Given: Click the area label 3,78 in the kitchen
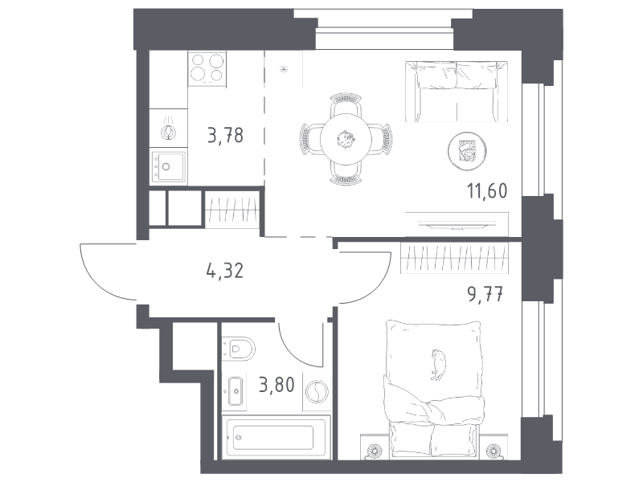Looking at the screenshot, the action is (226, 135).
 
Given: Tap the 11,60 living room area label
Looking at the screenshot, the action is (487, 191).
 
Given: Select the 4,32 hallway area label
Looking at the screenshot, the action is (225, 271).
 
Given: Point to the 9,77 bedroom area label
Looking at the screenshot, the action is (485, 294).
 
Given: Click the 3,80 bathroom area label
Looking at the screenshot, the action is (276, 385).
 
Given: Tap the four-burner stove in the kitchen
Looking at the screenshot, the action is (207, 68).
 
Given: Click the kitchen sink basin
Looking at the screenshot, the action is (169, 167).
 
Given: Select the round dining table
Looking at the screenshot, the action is (346, 139).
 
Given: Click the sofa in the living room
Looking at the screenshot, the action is (457, 92).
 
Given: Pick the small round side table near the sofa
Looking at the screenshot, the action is (467, 151).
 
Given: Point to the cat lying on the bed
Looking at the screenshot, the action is (438, 365).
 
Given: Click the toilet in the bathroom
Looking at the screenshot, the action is (238, 349).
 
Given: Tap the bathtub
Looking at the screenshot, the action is (276, 437).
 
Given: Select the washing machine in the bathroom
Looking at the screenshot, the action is (317, 392).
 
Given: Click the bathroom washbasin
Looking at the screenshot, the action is (235, 391).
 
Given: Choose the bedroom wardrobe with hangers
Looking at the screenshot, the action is (454, 258).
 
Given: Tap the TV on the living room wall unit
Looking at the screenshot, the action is (457, 224).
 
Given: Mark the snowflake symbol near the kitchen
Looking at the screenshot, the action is (284, 69).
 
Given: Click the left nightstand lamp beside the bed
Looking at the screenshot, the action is (374, 451).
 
